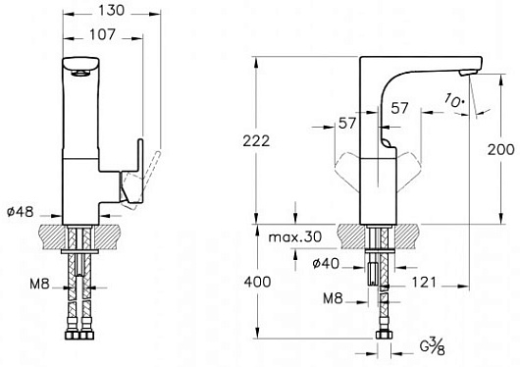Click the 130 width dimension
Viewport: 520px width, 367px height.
click(x=111, y=10)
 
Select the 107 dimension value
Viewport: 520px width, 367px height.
click(x=102, y=34)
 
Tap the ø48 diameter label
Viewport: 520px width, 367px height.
click(x=21, y=211)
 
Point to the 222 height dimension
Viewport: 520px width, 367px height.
click(x=256, y=141)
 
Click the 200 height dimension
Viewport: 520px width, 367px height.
click(x=500, y=150)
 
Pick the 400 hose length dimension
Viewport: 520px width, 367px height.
click(x=257, y=282)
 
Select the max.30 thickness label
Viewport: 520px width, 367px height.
click(x=294, y=236)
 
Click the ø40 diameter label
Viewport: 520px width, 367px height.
click(x=326, y=264)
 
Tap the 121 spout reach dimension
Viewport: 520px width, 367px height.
click(x=424, y=283)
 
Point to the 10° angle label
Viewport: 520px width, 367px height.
click(x=453, y=100)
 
